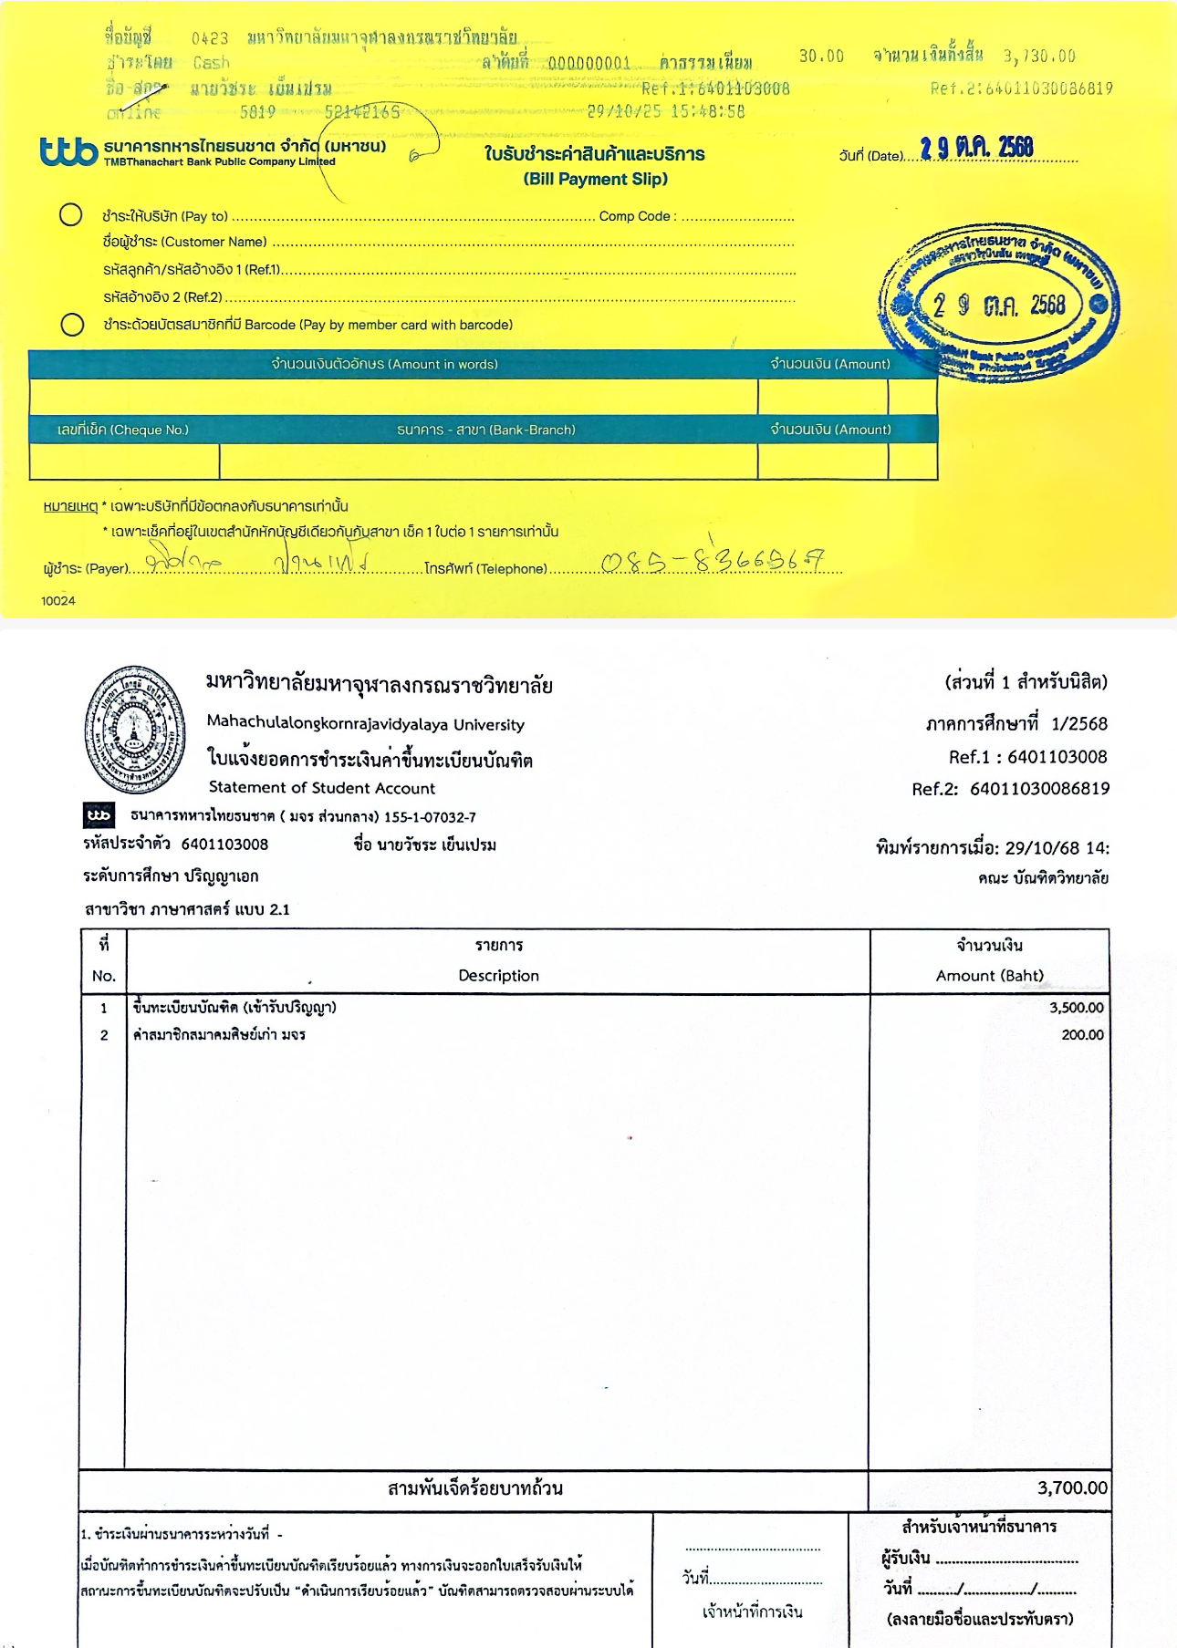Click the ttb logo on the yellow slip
click(68, 152)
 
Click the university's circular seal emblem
click(135, 729)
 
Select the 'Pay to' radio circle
click(71, 215)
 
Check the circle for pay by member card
click(72, 325)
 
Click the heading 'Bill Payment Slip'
click(595, 179)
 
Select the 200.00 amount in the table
click(1082, 1035)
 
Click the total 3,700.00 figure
click(1072, 1488)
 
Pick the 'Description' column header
click(498, 976)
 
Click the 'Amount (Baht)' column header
click(989, 976)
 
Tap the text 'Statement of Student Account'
click(321, 788)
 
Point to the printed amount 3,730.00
click(1039, 57)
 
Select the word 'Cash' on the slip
click(212, 63)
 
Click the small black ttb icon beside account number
click(99, 814)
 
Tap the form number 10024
click(58, 601)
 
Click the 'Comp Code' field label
click(637, 216)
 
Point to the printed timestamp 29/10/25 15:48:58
click(665, 111)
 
